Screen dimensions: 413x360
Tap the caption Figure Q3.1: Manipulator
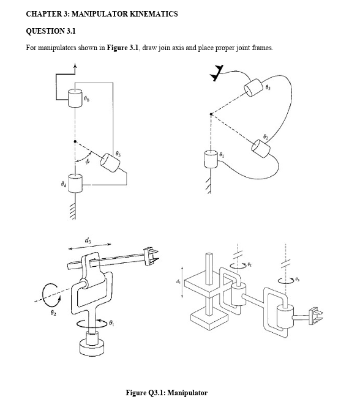click(166, 392)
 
